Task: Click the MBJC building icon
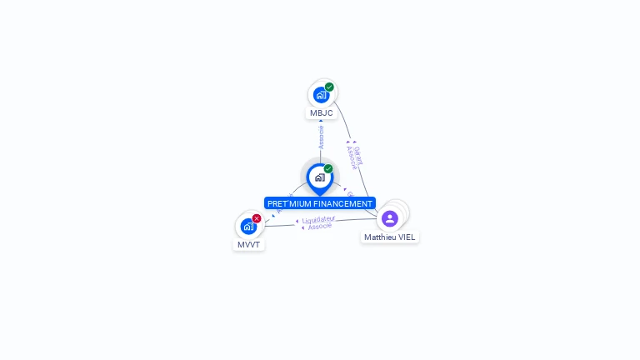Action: pyautogui.click(x=321, y=95)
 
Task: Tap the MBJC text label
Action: pyautogui.click(x=321, y=113)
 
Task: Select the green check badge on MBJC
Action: pyautogui.click(x=329, y=87)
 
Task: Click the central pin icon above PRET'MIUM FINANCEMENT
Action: pyautogui.click(x=319, y=177)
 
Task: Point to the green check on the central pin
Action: pyautogui.click(x=328, y=169)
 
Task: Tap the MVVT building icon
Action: pyautogui.click(x=248, y=226)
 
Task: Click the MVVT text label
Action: pyautogui.click(x=248, y=245)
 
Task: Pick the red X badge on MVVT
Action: pyautogui.click(x=257, y=218)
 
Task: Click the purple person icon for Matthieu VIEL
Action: pyautogui.click(x=390, y=218)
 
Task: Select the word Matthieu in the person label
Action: pyautogui.click(x=381, y=237)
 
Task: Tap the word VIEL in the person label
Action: pyautogui.click(x=407, y=237)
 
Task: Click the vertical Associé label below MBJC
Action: pyautogui.click(x=321, y=137)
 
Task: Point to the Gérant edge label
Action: pyautogui.click(x=358, y=155)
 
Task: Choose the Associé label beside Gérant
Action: pyautogui.click(x=352, y=157)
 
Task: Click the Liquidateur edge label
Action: pyautogui.click(x=318, y=220)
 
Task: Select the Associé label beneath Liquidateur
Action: pyautogui.click(x=320, y=227)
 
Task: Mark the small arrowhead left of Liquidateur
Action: pyautogui.click(x=297, y=222)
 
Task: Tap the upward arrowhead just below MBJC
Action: pyautogui.click(x=321, y=121)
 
